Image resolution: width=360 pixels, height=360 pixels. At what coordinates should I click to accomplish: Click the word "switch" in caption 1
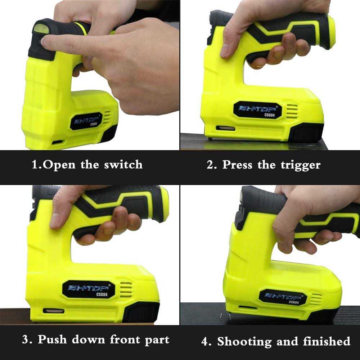(123, 165)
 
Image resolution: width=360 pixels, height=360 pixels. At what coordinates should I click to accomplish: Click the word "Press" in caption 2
(237, 165)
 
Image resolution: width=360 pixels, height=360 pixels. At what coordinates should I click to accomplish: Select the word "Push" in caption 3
(52, 339)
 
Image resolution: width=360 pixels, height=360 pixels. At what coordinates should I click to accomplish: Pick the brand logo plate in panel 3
(89, 289)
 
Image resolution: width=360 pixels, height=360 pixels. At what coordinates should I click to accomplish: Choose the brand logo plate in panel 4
(283, 297)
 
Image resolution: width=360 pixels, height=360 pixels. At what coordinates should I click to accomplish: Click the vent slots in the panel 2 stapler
(292, 112)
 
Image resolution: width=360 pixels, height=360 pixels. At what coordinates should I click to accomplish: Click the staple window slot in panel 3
(54, 311)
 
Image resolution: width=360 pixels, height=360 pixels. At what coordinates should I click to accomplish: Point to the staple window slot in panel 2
(225, 128)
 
